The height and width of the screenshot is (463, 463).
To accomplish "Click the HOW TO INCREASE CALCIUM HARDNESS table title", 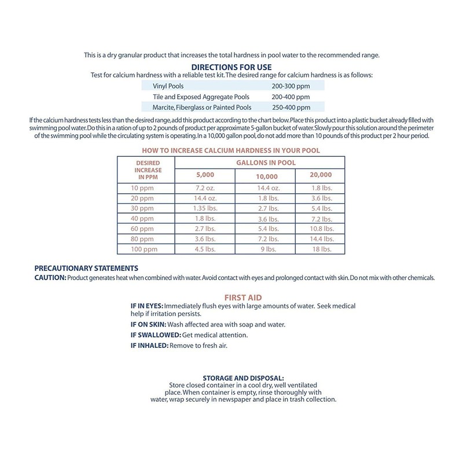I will click(x=231, y=150).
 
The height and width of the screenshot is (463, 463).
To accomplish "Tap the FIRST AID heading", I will click(x=231, y=297).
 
